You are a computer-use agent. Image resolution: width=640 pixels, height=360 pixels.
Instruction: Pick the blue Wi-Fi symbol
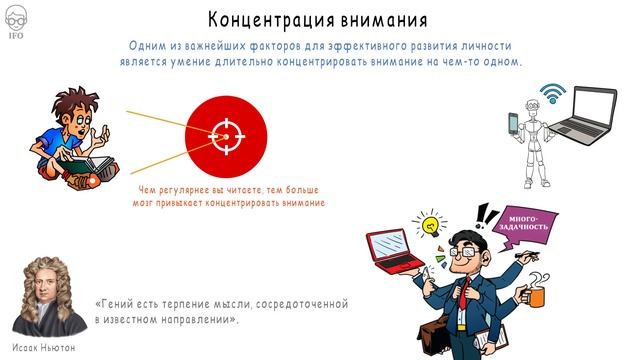pyautogui.click(x=548, y=92)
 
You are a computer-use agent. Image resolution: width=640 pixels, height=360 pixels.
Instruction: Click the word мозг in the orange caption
pyautogui.click(x=146, y=202)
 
